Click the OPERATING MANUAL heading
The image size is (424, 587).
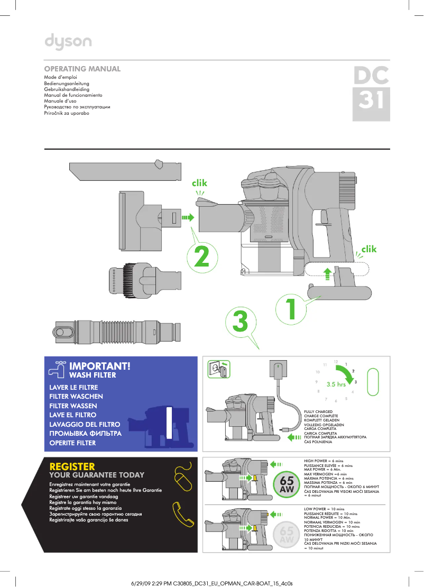point(82,69)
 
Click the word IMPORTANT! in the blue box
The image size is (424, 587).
point(99,366)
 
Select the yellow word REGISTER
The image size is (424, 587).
point(72,466)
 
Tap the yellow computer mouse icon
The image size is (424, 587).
point(183,478)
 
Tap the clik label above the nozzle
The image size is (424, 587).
point(200,183)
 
